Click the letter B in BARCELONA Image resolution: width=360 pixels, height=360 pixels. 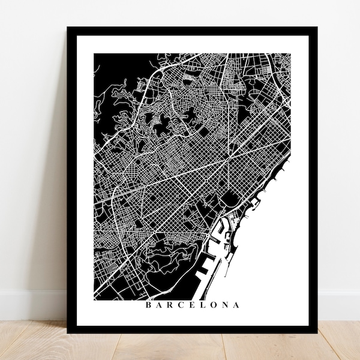click(148, 305)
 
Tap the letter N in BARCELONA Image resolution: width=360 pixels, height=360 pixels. click(226, 305)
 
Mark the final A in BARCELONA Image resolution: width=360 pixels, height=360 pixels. click(237, 305)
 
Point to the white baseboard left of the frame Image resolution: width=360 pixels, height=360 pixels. click(33, 306)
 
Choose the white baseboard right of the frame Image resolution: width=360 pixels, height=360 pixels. click(339, 306)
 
